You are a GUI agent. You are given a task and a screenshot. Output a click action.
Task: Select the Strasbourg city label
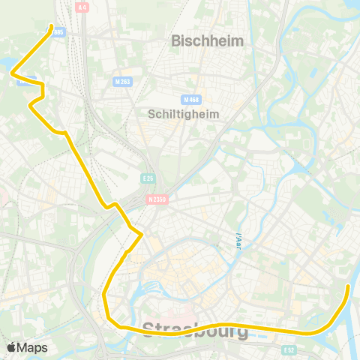point(195,330)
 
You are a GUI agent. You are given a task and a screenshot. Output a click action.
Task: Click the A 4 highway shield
point(82,7)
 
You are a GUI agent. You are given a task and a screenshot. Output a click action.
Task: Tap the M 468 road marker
point(191,99)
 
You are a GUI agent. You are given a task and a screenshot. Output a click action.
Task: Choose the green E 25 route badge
point(148,178)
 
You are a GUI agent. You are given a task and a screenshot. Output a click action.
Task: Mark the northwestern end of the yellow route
point(51,27)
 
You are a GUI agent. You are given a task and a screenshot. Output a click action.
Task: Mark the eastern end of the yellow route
point(348,286)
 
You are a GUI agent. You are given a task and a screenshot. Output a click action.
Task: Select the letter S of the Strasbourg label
point(148,330)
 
